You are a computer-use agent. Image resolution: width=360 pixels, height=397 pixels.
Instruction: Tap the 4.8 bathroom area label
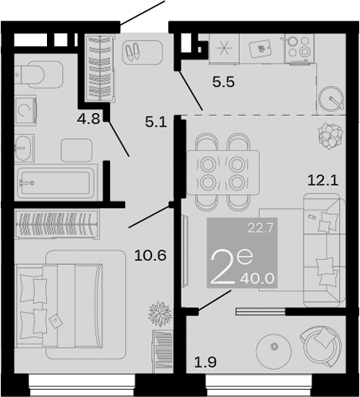(88, 121)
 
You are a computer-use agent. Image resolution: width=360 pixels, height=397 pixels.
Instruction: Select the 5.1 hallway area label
(157, 123)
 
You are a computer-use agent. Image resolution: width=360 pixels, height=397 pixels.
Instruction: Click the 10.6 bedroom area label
(150, 256)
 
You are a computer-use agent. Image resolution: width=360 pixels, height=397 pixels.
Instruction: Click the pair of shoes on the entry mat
(131, 52)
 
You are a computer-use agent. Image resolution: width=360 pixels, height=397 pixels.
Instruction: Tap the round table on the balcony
(275, 347)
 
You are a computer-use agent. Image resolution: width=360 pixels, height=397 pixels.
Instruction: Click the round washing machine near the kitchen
(331, 99)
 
